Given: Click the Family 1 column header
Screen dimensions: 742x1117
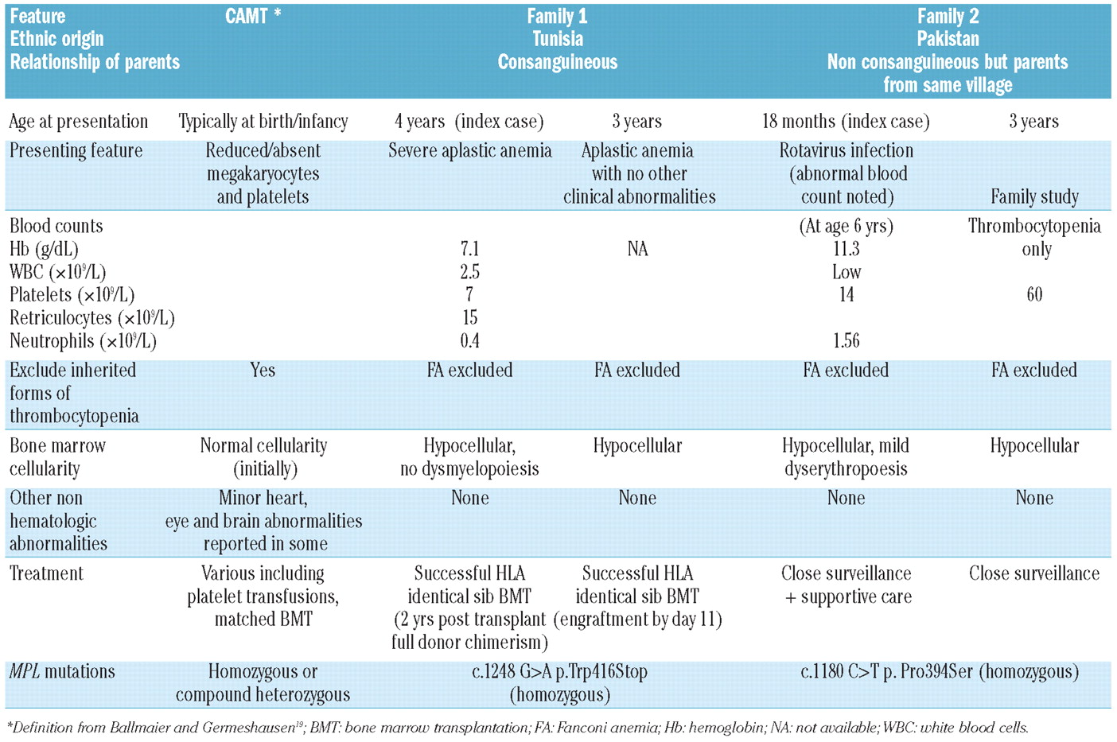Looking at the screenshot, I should (557, 16).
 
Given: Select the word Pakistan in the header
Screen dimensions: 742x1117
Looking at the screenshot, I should (948, 39).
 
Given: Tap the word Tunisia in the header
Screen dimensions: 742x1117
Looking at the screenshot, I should (557, 39).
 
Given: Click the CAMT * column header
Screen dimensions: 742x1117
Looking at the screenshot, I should (253, 16).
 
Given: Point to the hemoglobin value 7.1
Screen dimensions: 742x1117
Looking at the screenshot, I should (469, 250).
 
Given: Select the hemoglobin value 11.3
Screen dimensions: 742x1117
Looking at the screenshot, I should (846, 250).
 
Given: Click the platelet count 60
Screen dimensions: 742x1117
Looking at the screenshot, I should (1034, 295).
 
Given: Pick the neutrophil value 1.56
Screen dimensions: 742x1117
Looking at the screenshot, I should (846, 341).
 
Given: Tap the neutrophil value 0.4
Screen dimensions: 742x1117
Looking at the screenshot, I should (469, 341).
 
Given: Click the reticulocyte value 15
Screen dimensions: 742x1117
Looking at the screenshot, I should (469, 318).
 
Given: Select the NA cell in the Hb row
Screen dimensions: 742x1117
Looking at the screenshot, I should (637, 250).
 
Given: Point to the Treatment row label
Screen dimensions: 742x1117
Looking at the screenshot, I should (46, 573).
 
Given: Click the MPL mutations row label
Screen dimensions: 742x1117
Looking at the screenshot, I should (62, 672).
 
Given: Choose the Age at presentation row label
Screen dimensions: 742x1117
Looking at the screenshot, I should (78, 122).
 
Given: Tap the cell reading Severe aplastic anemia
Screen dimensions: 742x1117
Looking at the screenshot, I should (469, 151).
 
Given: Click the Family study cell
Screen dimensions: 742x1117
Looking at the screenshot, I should (1034, 196).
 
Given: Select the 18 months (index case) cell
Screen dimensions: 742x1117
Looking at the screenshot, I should (846, 122).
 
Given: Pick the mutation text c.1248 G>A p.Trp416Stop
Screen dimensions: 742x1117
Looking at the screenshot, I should (559, 672).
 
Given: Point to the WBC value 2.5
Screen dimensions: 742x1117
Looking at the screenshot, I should (469, 272).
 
